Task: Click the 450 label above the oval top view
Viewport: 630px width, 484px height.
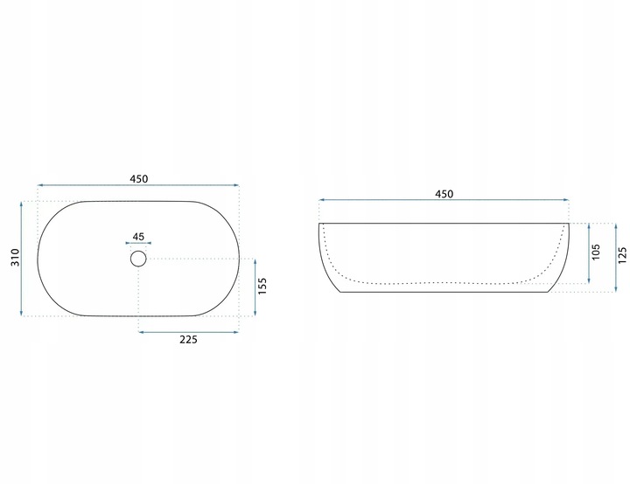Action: click(138, 178)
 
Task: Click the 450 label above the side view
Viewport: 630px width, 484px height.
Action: click(444, 194)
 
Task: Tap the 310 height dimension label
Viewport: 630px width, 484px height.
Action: click(15, 257)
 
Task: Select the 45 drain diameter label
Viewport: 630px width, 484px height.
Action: click(138, 237)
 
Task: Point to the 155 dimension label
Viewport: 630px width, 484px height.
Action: click(262, 287)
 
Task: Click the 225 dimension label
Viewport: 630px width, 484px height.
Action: click(188, 340)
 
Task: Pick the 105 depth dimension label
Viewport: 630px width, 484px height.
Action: click(596, 252)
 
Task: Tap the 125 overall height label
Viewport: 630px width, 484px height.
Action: click(622, 255)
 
